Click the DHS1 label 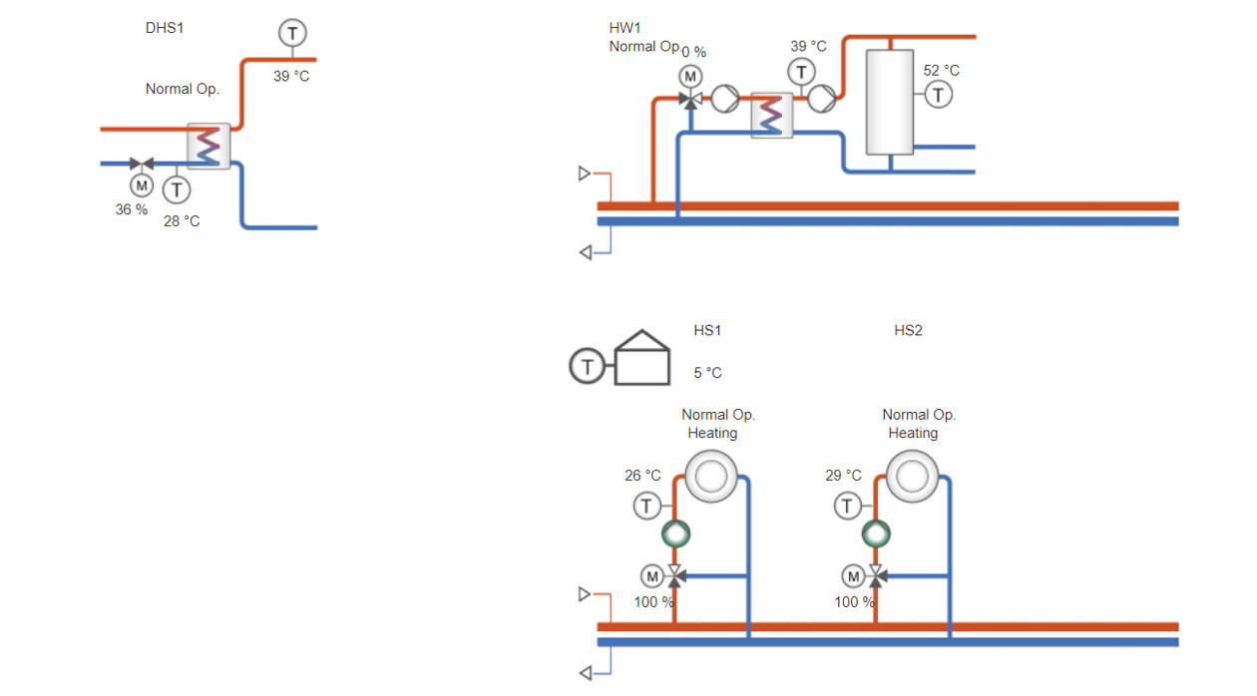(x=165, y=28)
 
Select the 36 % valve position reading (x=131, y=209)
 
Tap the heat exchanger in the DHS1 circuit (x=209, y=147)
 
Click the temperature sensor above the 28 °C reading (x=177, y=188)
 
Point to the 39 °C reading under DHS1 (x=291, y=76)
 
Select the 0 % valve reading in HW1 (x=693, y=52)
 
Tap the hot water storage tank (x=889, y=102)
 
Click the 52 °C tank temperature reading (x=941, y=70)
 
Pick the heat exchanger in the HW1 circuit (x=771, y=115)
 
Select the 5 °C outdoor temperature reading (x=707, y=373)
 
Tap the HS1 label (x=707, y=330)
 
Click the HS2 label (x=908, y=330)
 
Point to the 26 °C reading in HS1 (x=642, y=476)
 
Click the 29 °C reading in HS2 (x=843, y=476)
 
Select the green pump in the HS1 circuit (x=675, y=534)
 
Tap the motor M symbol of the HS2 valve (x=852, y=575)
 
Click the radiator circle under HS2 (x=912, y=477)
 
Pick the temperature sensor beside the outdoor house (x=588, y=367)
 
